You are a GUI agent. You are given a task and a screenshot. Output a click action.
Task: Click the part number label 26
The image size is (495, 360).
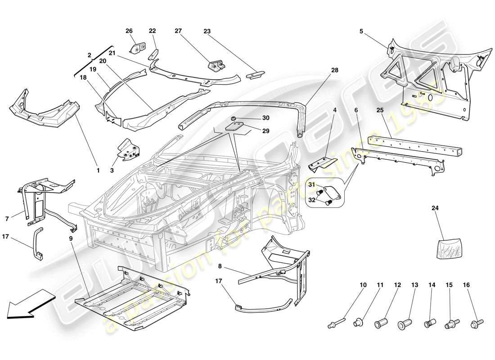tap(129, 31)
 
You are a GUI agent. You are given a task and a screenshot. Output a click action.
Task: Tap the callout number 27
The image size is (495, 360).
tap(179, 31)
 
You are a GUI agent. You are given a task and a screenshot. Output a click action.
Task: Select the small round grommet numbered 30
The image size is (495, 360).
tap(234, 118)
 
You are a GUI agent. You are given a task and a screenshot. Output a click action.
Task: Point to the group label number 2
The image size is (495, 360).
tap(89, 55)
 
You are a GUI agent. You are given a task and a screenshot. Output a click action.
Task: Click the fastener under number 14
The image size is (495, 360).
tap(431, 323)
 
